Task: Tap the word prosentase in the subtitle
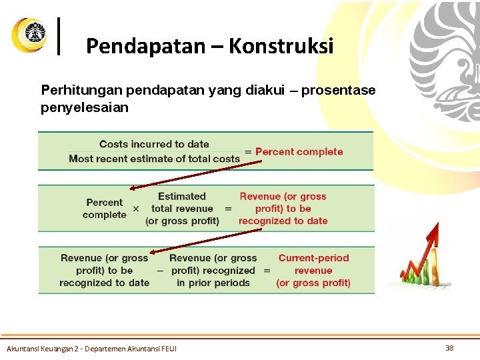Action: click(x=338, y=90)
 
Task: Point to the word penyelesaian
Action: click(x=85, y=107)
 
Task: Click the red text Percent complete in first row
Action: click(x=299, y=151)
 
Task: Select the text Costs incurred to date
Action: click(x=154, y=144)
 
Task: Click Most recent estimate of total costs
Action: click(x=154, y=159)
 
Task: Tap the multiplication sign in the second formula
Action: click(x=136, y=209)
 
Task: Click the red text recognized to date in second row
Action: click(x=283, y=221)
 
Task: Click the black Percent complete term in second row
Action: click(x=104, y=208)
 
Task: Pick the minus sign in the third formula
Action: click(x=159, y=271)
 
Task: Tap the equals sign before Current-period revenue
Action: click(x=267, y=271)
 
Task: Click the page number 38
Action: click(x=449, y=347)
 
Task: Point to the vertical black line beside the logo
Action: click(x=61, y=35)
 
